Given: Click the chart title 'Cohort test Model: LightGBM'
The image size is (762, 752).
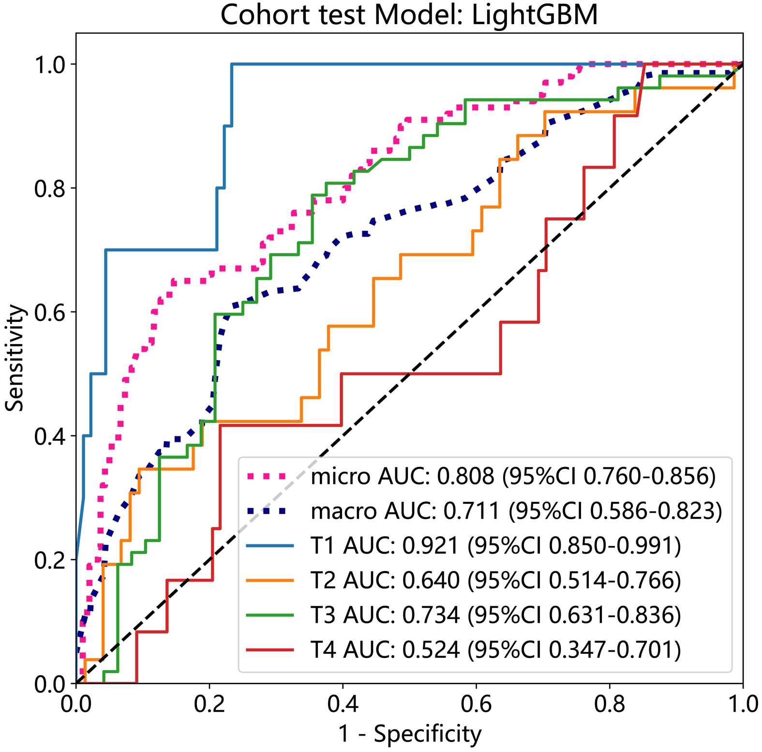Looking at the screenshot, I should pos(409,15).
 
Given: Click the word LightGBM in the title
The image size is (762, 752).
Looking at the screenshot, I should pos(535,15).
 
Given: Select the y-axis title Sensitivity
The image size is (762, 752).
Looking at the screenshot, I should pos(15,358).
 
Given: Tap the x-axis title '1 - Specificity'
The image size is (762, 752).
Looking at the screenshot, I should pos(410,734).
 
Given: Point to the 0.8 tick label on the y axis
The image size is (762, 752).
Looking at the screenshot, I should pos(49,188).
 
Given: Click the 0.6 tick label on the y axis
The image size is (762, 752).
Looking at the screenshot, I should pos(49,312).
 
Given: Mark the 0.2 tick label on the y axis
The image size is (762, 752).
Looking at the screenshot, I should pos(49,560).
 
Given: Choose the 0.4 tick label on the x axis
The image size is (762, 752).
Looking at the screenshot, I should pos(343,704).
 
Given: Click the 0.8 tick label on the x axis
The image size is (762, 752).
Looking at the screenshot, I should pos(610,704).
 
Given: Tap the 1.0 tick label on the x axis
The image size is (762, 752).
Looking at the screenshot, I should pos(743,704).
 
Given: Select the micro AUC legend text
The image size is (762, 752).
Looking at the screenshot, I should pos(513,477).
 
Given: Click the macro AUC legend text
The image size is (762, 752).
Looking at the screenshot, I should pos(516,511).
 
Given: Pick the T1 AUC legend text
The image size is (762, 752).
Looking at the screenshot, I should pos(495,546).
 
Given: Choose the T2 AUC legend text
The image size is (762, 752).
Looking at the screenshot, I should pos(495,580).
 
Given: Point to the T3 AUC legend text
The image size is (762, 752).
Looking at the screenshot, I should pos(495,615).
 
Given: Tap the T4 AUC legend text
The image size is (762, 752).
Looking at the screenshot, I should pos(495,649).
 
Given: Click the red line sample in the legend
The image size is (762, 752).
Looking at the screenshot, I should pos(270,649).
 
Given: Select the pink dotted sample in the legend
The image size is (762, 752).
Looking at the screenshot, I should pos(270,477).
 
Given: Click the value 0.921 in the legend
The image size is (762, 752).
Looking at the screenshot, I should pos(430,546).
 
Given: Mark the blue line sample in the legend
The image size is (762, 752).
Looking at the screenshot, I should pos(270,546).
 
